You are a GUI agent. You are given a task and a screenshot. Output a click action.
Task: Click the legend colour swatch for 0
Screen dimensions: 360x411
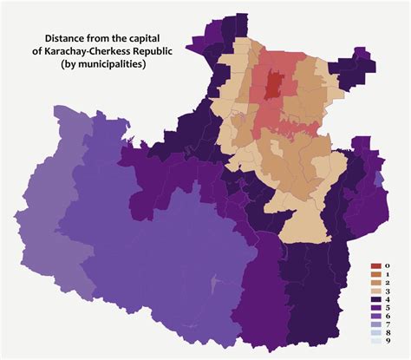tap(375, 265)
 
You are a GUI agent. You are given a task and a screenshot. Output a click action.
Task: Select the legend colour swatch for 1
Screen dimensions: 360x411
tap(375, 275)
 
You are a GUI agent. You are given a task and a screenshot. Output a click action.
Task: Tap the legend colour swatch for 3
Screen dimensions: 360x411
tap(375, 294)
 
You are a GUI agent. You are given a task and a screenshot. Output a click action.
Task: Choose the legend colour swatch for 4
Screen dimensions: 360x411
tap(375, 304)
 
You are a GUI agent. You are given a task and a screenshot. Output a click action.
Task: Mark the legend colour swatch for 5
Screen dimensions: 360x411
tap(375, 313)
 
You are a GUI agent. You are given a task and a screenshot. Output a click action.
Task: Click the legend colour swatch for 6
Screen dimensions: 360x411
tap(375, 323)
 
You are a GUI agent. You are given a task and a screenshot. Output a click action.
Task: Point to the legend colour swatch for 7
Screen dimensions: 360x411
tap(375, 332)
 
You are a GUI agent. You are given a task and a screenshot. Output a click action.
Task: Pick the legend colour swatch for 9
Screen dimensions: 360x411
tap(375, 351)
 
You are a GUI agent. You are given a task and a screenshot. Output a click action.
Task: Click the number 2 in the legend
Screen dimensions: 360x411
tap(388, 285)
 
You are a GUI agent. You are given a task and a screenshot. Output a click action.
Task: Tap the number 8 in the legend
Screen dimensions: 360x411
tap(388, 342)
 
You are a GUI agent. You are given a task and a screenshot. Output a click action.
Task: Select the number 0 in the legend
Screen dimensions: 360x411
tap(388, 265)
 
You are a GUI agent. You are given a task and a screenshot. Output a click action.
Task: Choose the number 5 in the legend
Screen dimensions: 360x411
tap(388, 313)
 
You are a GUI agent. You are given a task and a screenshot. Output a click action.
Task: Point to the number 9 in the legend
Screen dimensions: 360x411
tap(388, 351)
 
